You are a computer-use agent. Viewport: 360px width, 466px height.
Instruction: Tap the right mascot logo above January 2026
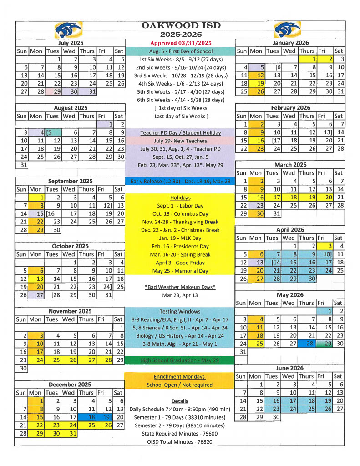(288, 30)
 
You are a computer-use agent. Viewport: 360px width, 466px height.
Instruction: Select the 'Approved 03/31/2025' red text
(181, 43)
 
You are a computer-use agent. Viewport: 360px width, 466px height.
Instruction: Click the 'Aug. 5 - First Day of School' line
(181, 51)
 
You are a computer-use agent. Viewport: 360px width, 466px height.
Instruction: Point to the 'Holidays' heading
(181, 198)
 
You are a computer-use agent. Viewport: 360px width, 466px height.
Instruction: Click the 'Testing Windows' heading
(181, 311)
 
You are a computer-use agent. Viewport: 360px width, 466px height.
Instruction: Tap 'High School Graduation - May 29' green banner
(181, 360)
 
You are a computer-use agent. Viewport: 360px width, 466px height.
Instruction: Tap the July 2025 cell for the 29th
(53, 92)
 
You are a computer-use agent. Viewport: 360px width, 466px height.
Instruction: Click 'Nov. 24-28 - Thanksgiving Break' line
(181, 222)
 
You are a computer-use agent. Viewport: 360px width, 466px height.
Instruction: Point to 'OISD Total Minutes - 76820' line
(181, 441)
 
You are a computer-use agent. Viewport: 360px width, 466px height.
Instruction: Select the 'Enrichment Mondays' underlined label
(181, 376)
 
